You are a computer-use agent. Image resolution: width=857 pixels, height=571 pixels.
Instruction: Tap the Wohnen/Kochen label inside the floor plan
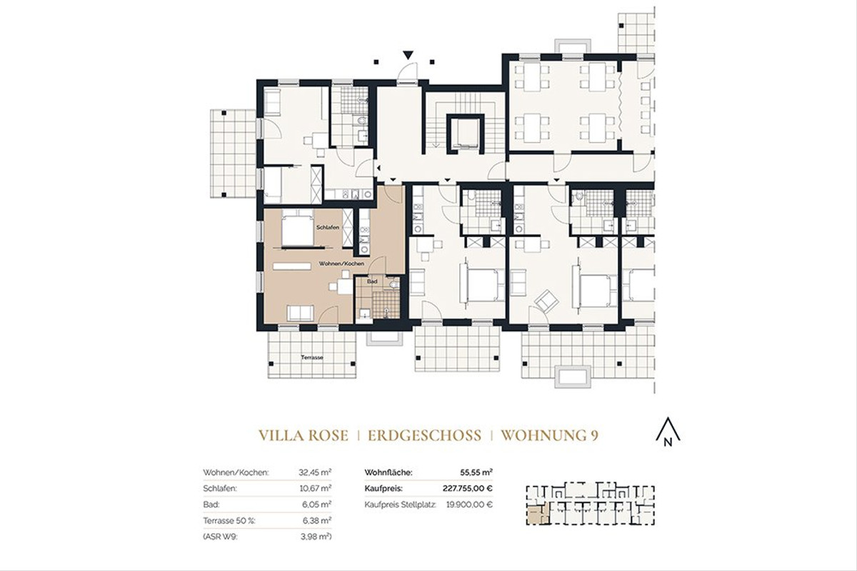(341, 264)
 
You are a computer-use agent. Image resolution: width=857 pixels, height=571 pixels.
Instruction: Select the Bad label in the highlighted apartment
(371, 282)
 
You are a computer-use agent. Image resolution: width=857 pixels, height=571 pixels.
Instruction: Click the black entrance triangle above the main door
(407, 54)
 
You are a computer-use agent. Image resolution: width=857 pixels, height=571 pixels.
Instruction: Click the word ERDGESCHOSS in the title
(424, 435)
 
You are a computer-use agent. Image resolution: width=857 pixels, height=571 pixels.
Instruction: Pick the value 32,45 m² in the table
(315, 473)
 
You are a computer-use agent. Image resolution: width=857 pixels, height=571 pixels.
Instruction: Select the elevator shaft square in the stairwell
(461, 133)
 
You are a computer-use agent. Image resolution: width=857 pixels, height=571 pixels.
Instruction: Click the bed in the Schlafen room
(294, 230)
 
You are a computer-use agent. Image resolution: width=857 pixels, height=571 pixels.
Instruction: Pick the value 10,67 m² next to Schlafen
(315, 489)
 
